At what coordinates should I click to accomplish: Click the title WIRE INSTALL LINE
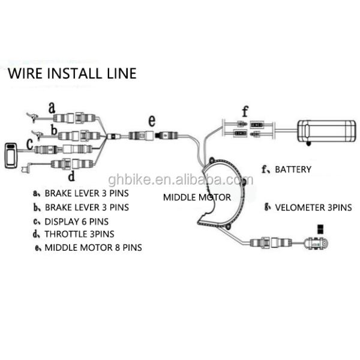[71, 74]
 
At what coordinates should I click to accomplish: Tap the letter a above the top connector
[52, 107]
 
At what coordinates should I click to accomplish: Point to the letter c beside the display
[28, 144]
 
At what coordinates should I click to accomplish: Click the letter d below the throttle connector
[71, 176]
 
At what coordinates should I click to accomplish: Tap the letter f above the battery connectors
[244, 111]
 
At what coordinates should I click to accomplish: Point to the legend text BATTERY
[293, 170]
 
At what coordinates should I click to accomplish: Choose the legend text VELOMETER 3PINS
[313, 208]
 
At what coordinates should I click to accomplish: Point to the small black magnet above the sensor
[320, 228]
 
